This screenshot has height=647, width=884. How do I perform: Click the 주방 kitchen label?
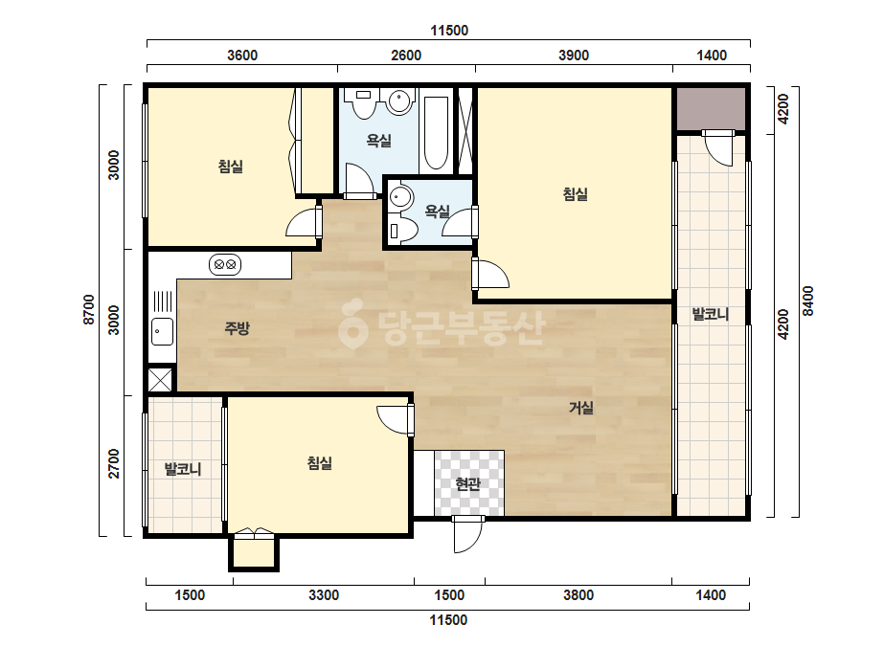(237, 327)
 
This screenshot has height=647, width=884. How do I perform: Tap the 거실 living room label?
(580, 407)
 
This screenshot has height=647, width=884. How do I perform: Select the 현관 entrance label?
(468, 483)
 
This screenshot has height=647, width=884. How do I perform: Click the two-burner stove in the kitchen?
(225, 264)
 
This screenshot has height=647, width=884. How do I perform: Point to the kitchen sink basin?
(163, 331)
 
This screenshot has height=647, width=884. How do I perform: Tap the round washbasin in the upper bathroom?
(399, 102)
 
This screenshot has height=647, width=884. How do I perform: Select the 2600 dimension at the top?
(406, 56)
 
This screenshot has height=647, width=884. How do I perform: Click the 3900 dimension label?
(574, 56)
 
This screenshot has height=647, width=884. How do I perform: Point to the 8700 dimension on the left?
(89, 309)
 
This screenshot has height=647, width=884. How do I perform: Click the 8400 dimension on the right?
(808, 301)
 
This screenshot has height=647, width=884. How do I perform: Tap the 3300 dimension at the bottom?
(324, 595)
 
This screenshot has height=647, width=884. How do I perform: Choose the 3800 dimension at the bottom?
(578, 595)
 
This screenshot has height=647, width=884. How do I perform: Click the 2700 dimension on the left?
(114, 463)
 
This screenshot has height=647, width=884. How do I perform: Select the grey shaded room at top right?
(711, 109)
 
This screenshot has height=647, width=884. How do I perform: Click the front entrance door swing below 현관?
(468, 535)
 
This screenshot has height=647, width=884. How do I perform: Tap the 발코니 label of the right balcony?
(711, 313)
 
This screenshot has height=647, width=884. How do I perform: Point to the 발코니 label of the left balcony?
(183, 469)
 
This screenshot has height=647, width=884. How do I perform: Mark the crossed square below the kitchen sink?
(160, 379)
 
